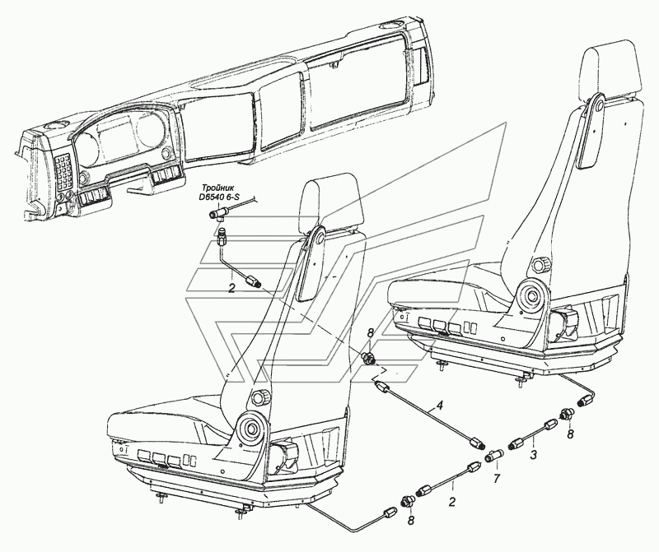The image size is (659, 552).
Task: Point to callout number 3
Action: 533,455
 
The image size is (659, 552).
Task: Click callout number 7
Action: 497,479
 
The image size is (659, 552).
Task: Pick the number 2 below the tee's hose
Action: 231,288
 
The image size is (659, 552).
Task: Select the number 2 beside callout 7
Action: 452,502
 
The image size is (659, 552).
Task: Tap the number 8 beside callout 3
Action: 570,434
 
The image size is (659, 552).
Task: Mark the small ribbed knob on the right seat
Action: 539,265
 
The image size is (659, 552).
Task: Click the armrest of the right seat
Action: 592,132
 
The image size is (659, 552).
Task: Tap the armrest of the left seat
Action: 312,263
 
